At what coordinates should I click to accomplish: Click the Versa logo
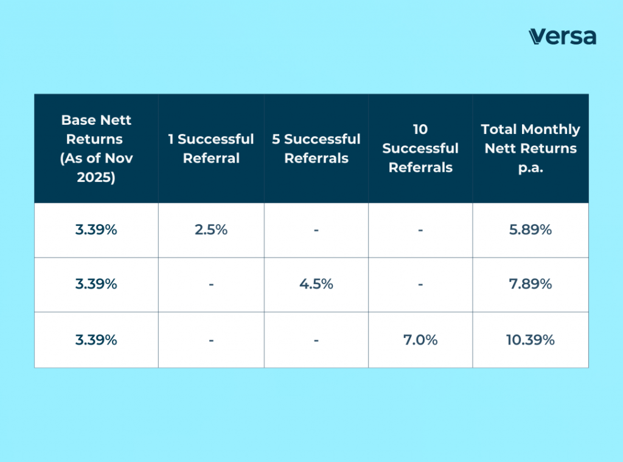[x=562, y=36]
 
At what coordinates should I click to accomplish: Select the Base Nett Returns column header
[x=96, y=149]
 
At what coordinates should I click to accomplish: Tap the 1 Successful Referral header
[x=211, y=149]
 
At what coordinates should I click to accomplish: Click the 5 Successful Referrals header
[x=316, y=149]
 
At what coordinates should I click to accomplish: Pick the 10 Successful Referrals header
[x=420, y=149]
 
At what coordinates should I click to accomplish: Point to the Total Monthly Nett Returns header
[x=531, y=149]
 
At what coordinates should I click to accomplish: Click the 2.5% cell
[x=211, y=230]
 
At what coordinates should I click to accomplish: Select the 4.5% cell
[x=316, y=284]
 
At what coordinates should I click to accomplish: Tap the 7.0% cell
[x=420, y=340]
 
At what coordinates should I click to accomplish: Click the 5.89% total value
[x=531, y=230]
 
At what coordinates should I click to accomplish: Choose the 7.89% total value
[x=531, y=284]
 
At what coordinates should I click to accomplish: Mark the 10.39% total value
[x=531, y=340]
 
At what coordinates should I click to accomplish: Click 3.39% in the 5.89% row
[x=96, y=230]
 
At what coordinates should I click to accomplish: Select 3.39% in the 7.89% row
[x=96, y=284]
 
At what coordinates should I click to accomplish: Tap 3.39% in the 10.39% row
[x=96, y=340]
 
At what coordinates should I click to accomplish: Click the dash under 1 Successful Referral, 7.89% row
[x=211, y=285]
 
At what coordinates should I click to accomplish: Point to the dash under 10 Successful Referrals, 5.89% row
[x=420, y=231]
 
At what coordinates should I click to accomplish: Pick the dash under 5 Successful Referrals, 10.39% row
[x=316, y=340]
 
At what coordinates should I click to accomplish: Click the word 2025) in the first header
[x=96, y=177]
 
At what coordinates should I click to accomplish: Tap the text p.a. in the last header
[x=531, y=167]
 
